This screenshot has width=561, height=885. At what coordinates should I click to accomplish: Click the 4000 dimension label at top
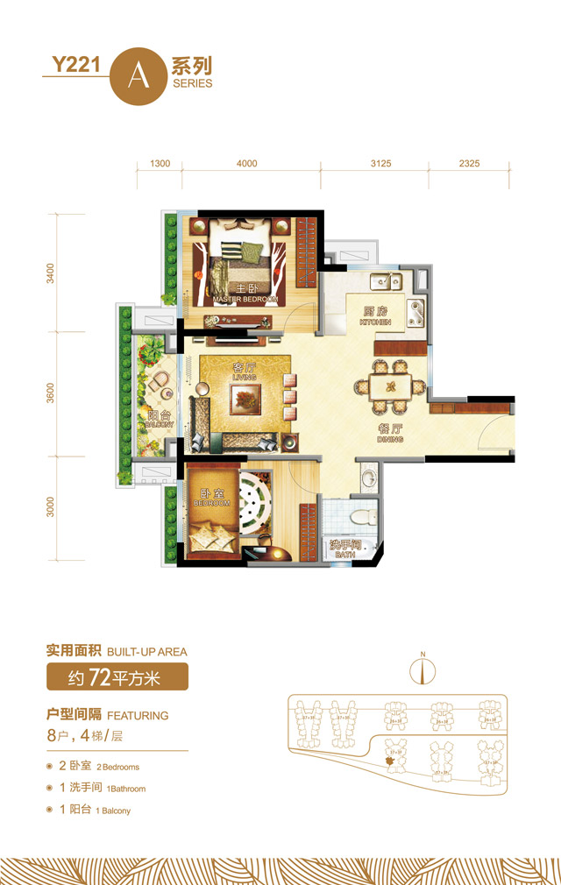pos(247,164)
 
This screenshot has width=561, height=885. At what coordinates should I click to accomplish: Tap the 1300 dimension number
pos(160,164)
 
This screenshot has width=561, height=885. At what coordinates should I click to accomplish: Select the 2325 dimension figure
pos(469,164)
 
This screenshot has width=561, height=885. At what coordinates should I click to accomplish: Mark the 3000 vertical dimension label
pos(51,508)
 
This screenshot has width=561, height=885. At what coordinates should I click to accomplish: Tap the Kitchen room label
pos(374,316)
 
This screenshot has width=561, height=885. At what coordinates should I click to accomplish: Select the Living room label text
pos(243,372)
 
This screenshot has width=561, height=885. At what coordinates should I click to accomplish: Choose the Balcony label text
pos(160,420)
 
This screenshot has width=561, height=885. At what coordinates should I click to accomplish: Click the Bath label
pos(343,549)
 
